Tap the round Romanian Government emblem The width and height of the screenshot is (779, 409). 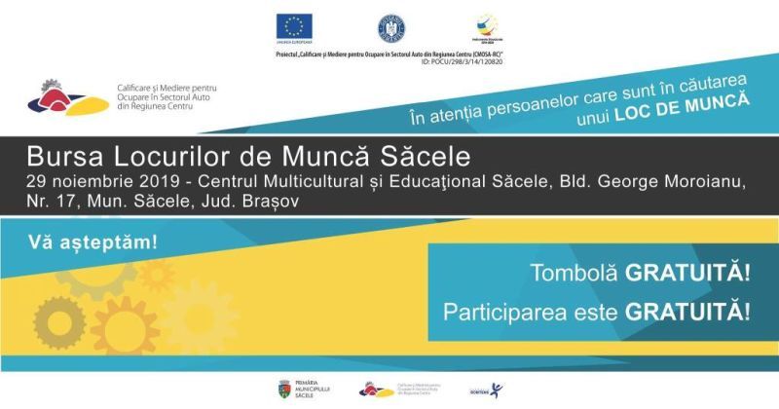pos(390,26)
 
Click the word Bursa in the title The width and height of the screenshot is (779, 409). pos(59,156)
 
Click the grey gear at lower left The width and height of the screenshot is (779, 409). pos(58,320)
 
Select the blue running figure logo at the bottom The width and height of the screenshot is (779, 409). pos(498,390)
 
